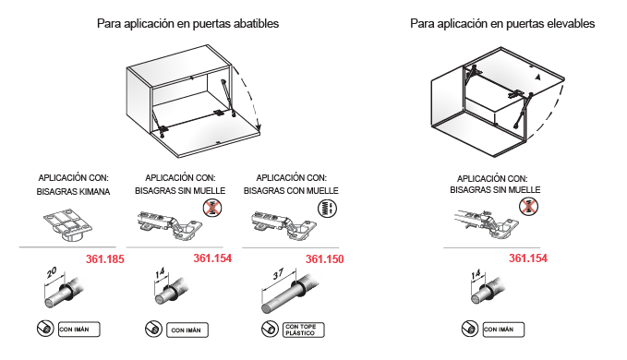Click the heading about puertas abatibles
tap(187, 24)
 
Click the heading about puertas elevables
tap(502, 24)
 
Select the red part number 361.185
tap(104, 259)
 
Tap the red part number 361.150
tap(324, 259)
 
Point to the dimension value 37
tap(278, 274)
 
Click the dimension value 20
tap(52, 273)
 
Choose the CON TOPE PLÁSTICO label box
tap(304, 330)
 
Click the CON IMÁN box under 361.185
tap(79, 330)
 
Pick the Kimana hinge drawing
tap(67, 225)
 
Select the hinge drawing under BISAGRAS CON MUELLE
tap(283, 226)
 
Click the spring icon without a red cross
tap(327, 209)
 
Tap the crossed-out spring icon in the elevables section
tap(528, 207)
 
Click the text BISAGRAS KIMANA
tap(73, 192)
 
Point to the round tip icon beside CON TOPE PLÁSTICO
tap(270, 330)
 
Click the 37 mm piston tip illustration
tap(290, 293)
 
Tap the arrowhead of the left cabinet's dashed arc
tap(259, 128)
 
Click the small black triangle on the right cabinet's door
tap(538, 78)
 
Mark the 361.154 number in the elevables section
tap(528, 258)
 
